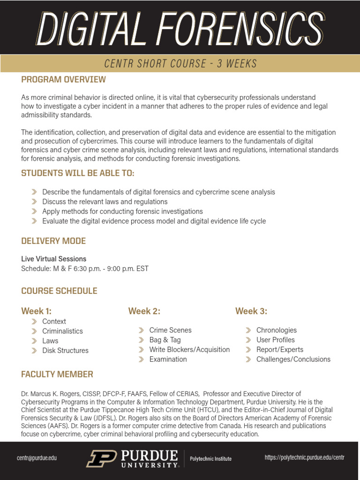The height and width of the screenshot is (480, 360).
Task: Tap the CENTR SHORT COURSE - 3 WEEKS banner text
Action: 180,63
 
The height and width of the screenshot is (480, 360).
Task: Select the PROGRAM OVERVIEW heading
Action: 63,80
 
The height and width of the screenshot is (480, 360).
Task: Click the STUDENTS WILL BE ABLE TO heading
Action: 78,173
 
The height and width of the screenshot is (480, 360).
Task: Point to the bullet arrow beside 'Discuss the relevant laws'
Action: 34,202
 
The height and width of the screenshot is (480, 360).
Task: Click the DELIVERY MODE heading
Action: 53,241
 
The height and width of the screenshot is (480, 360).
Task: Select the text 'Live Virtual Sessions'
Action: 53,259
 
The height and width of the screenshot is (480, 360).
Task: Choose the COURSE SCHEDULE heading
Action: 59,291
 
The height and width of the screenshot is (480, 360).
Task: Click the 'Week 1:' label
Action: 36,311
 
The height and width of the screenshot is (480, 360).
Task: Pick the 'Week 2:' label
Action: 144,311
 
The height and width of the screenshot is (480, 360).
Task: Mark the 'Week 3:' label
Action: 251,311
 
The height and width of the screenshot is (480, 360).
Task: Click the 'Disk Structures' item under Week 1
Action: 65,351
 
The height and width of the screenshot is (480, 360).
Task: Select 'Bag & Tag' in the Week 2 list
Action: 165,340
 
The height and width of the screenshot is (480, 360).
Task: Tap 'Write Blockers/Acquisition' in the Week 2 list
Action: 189,350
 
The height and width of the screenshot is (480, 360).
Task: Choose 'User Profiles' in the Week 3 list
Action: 276,340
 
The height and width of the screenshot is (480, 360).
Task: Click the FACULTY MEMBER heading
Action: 57,374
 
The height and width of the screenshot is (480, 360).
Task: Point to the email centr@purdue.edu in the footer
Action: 37,458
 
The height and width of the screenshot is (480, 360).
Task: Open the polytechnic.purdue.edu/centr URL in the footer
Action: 304,457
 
